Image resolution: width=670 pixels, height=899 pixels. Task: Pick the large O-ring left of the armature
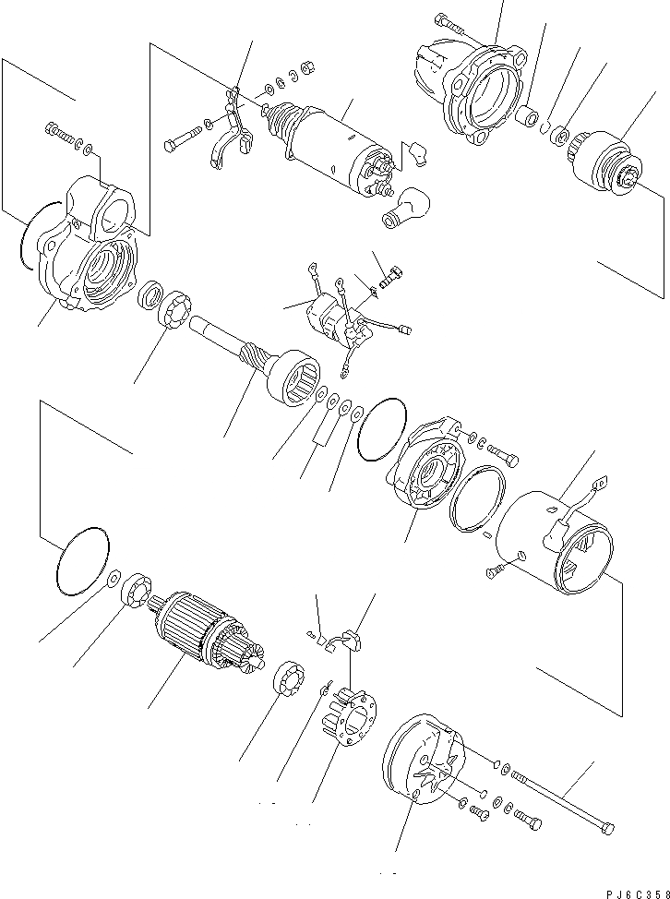coord(81,560)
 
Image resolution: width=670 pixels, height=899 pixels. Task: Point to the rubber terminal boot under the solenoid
coord(402,208)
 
